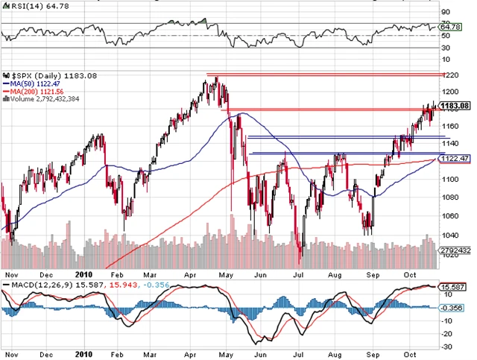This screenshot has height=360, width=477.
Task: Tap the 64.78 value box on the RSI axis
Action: point(452,27)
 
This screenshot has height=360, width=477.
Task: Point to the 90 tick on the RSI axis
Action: point(445,11)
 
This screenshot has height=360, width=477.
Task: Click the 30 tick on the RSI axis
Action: point(445,48)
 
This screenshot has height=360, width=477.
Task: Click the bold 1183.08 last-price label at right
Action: point(454,106)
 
